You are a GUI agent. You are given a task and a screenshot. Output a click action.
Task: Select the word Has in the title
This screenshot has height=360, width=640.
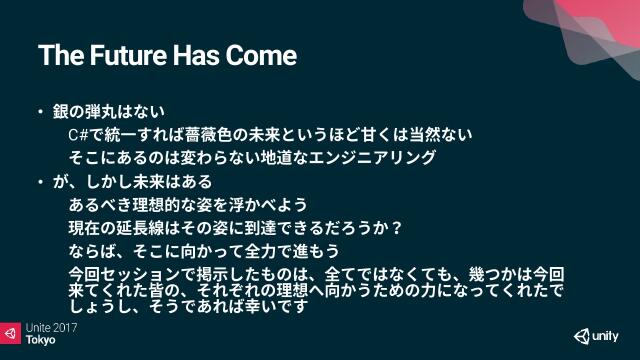click(x=198, y=55)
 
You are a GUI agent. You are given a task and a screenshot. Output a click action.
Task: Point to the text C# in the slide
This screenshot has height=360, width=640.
click(x=79, y=134)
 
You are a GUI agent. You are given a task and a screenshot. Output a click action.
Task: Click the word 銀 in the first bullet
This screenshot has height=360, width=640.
click(x=60, y=111)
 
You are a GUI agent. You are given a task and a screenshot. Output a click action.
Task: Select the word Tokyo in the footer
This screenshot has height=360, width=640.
click(x=41, y=340)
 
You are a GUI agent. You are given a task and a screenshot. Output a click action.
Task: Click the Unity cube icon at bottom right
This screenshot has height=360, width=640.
click(x=583, y=335)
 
